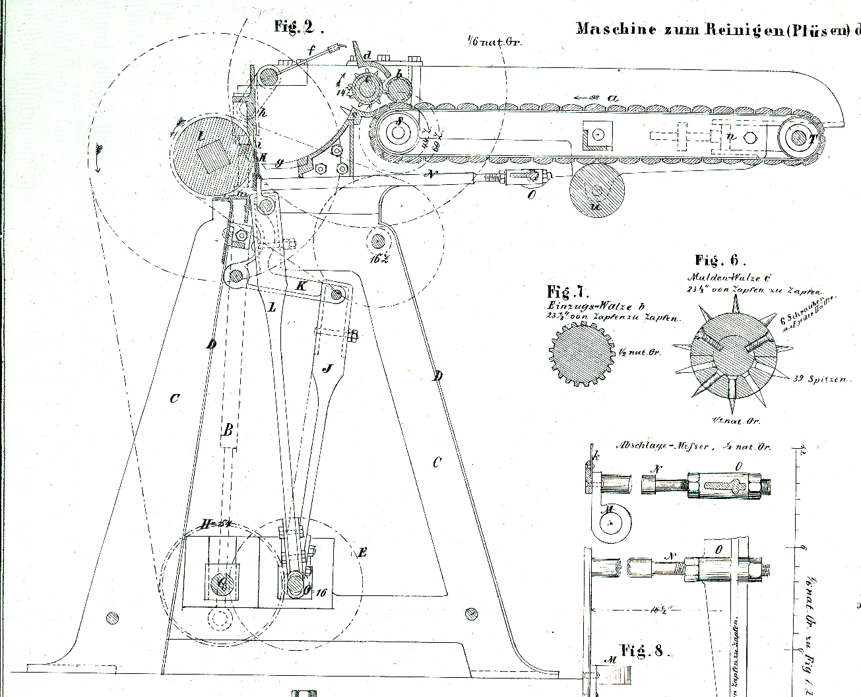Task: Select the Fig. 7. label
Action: pyautogui.click(x=567, y=291)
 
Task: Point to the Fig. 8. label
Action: pyautogui.click(x=642, y=651)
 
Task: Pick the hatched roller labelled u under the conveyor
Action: pyautogui.click(x=596, y=189)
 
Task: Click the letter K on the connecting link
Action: pyautogui.click(x=302, y=286)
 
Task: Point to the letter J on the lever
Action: pyautogui.click(x=326, y=368)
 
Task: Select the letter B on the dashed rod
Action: pyautogui.click(x=228, y=430)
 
